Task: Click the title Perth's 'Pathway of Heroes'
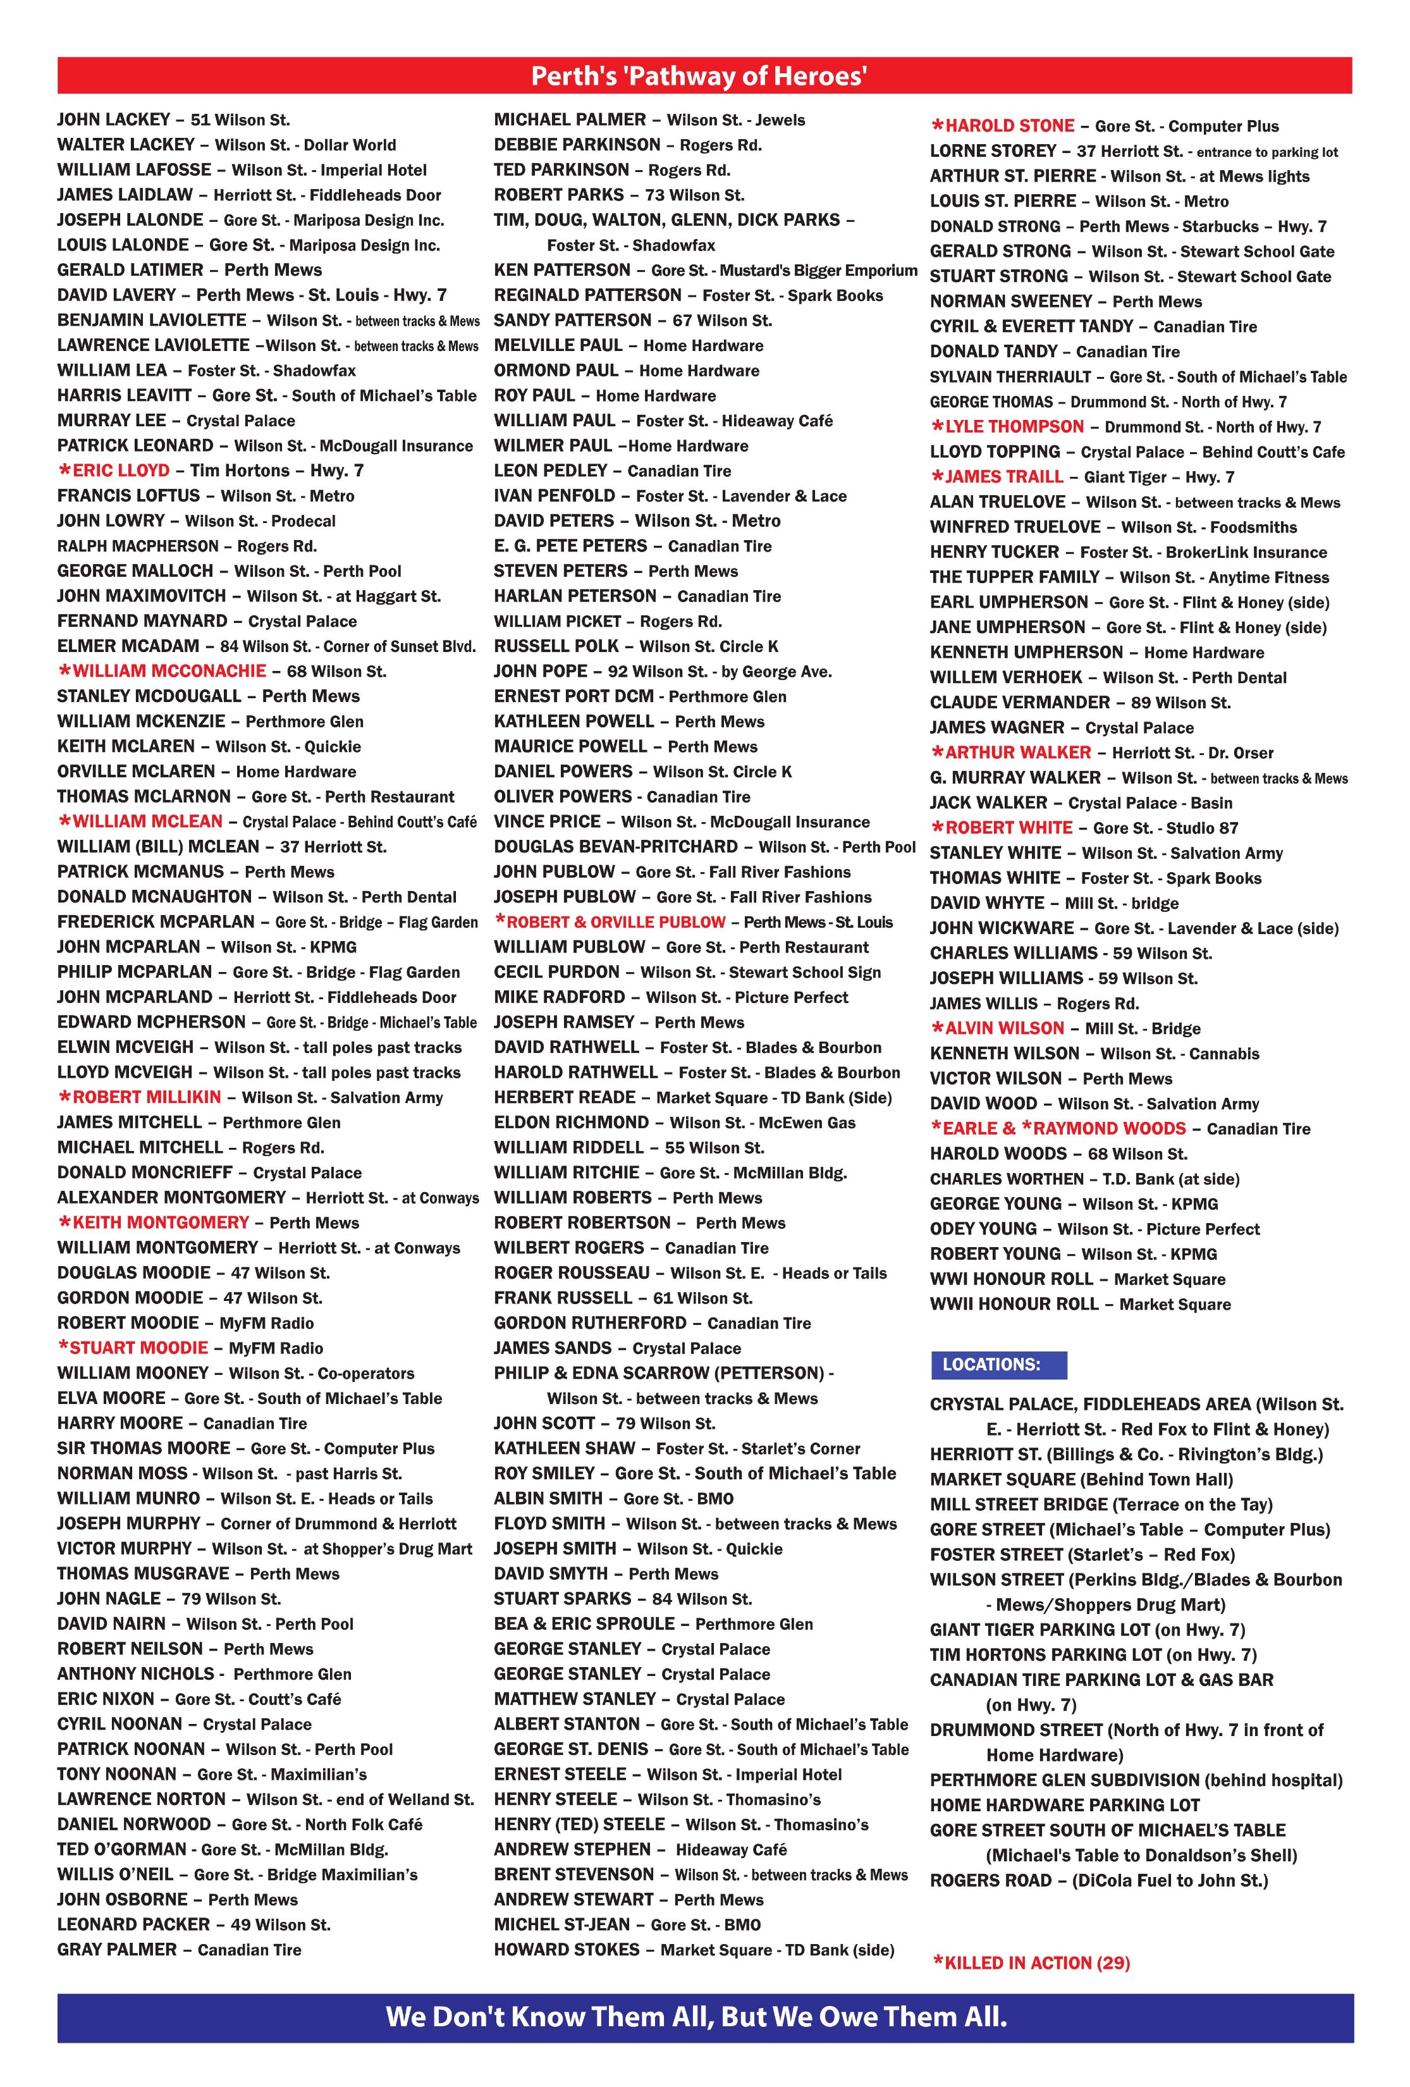[698, 77]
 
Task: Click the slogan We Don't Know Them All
[696, 2017]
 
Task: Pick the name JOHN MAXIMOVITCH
[141, 595]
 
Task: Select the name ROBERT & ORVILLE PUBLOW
[615, 922]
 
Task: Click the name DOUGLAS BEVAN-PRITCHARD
[616, 847]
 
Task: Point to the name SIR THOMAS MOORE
[144, 1448]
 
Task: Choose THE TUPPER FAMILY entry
[1015, 577]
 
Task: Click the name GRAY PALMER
[117, 1950]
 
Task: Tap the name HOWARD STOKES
[567, 1950]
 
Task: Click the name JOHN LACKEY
[113, 120]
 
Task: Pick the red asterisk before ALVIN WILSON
[936, 1029]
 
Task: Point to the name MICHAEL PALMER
[570, 120]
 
